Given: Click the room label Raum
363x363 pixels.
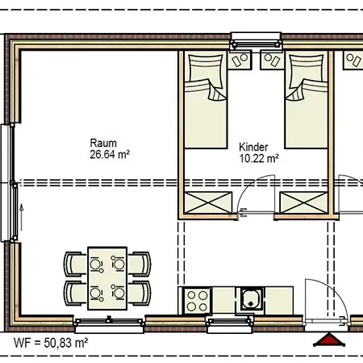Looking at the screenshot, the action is point(103,143).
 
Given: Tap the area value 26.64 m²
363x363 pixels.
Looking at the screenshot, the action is point(110,154).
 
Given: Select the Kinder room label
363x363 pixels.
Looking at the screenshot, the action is point(253,147).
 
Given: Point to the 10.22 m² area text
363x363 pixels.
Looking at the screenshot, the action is point(259,158).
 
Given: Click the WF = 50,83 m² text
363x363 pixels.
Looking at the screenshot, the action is point(51,343).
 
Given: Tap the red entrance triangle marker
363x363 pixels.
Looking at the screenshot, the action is point(329,340).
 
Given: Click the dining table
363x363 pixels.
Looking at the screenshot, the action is point(107,278).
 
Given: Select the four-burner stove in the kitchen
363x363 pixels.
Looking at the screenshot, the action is point(197,301).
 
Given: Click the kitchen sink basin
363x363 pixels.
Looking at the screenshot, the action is point(251,299).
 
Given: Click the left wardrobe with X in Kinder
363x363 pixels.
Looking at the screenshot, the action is point(208,202).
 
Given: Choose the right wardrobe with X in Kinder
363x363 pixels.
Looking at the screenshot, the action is point(303,202).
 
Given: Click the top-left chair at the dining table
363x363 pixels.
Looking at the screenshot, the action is point(76,264).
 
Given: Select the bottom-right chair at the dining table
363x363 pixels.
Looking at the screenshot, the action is point(140,294).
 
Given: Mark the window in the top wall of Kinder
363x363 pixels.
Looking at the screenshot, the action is point(257,40).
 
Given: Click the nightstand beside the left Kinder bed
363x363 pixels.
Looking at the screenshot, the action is point(240,60).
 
